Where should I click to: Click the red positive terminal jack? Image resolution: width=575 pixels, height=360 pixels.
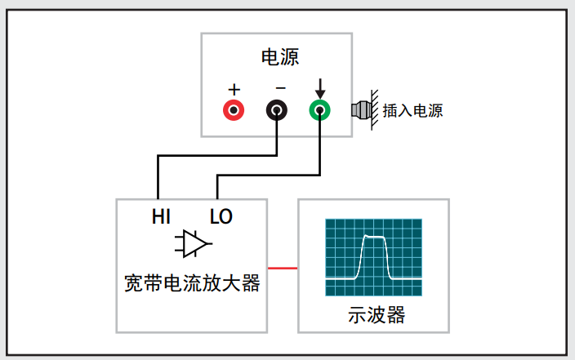pyautogui.click(x=234, y=110)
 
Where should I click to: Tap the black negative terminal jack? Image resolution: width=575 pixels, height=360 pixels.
pyautogui.click(x=277, y=110)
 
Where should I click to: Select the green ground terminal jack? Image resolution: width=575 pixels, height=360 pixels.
pyautogui.click(x=320, y=110)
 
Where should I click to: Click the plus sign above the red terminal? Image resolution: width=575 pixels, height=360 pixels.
pyautogui.click(x=234, y=90)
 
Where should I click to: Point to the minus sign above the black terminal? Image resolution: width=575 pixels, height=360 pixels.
pyautogui.click(x=280, y=88)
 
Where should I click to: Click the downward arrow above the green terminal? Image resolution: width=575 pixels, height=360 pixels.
pyautogui.click(x=320, y=88)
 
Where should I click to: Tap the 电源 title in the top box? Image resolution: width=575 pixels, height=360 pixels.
pyautogui.click(x=280, y=57)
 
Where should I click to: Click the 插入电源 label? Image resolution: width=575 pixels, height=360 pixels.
pyautogui.click(x=412, y=110)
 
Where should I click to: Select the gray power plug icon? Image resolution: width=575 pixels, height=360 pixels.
pyautogui.click(x=361, y=110)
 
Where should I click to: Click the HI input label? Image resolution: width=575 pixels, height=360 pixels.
pyautogui.click(x=161, y=216)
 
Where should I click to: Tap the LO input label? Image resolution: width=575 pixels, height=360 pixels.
pyautogui.click(x=221, y=216)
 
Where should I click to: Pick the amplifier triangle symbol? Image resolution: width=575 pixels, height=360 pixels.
pyautogui.click(x=194, y=244)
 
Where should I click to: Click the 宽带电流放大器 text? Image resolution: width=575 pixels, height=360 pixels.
pyautogui.click(x=192, y=283)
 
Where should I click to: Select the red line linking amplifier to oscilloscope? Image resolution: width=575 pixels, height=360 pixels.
pyautogui.click(x=283, y=268)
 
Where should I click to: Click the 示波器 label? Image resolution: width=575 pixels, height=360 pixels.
pyautogui.click(x=377, y=315)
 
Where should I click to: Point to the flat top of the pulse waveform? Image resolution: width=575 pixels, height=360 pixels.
pyautogui.click(x=374, y=237)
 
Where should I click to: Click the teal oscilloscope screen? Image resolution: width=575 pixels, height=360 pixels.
pyautogui.click(x=374, y=257)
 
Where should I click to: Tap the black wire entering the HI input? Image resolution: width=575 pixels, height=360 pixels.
pyautogui.click(x=217, y=156)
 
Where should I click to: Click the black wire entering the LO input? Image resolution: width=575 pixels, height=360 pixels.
pyautogui.click(x=269, y=176)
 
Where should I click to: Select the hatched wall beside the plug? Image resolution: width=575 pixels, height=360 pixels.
pyautogui.click(x=374, y=110)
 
